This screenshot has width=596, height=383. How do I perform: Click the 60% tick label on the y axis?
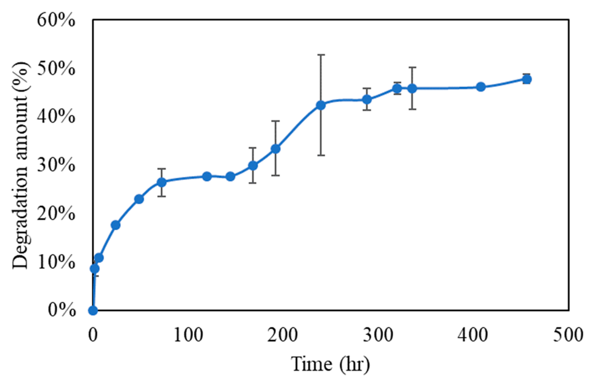[x=56, y=20]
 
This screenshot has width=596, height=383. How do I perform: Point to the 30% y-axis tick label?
[x=56, y=165]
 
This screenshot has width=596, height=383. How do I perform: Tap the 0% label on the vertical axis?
[x=62, y=310]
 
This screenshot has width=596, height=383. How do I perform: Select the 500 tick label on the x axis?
[x=568, y=335]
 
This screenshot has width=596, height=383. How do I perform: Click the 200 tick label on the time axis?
[x=282, y=335]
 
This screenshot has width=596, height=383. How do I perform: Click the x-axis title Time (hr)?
[x=330, y=364]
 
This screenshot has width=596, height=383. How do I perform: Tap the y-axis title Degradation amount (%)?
[x=21, y=165]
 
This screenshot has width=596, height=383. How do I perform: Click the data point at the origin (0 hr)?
[x=93, y=310]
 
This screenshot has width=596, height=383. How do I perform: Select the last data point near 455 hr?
[x=527, y=79]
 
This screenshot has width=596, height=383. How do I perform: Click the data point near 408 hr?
[x=481, y=87]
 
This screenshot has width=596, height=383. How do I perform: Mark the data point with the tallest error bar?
[x=321, y=105]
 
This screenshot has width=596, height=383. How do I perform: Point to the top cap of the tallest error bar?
[x=321, y=55]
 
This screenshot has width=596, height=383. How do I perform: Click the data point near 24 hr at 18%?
[x=116, y=225]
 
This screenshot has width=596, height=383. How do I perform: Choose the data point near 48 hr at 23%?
[x=139, y=199]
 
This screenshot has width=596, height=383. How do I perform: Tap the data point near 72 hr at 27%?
[x=162, y=182]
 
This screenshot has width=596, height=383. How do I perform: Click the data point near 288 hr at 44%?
[x=367, y=99]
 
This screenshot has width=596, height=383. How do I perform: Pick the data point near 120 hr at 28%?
[x=207, y=177]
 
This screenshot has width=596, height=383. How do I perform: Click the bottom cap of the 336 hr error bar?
[x=412, y=109]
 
